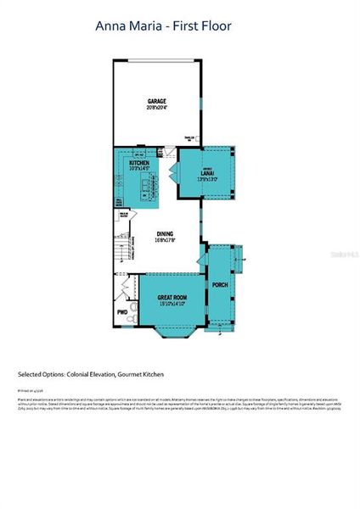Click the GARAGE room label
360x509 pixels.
pyautogui.click(x=157, y=100)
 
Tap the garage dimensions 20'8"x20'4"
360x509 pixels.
pyautogui.click(x=157, y=108)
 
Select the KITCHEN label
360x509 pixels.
pyautogui.click(x=139, y=162)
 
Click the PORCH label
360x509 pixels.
pyautogui.click(x=219, y=284)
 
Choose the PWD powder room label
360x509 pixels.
pyautogui.click(x=122, y=312)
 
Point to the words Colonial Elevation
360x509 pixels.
pyautogui.click(x=93, y=373)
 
